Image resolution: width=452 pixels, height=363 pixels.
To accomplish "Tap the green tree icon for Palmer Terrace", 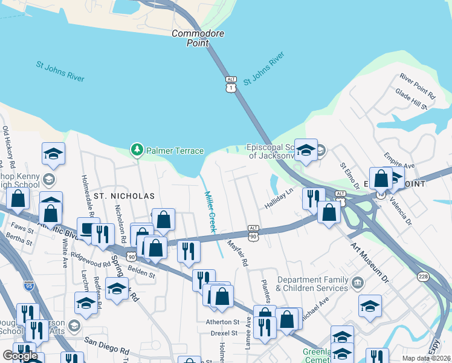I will tap(137, 149).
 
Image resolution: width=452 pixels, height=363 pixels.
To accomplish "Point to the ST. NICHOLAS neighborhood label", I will tap(124, 196).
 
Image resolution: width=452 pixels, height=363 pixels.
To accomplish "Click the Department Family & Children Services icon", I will tap(358, 283).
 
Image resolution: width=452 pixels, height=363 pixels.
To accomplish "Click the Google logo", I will tap(20, 355).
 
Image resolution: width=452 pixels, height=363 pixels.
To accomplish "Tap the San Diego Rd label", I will tap(107, 345).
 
